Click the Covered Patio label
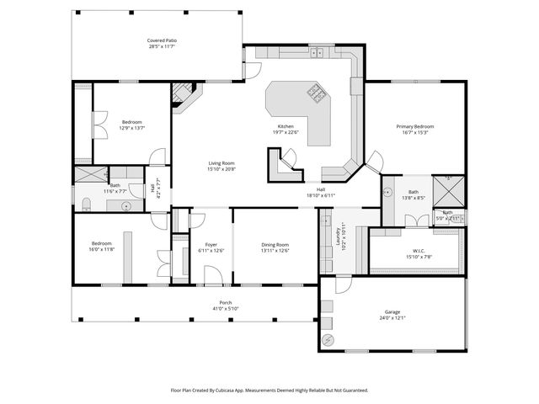[162, 40]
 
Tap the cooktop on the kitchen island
[318, 93]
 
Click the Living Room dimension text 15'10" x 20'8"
[222, 169]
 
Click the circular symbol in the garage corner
[328, 339]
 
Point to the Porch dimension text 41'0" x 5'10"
[226, 309]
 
